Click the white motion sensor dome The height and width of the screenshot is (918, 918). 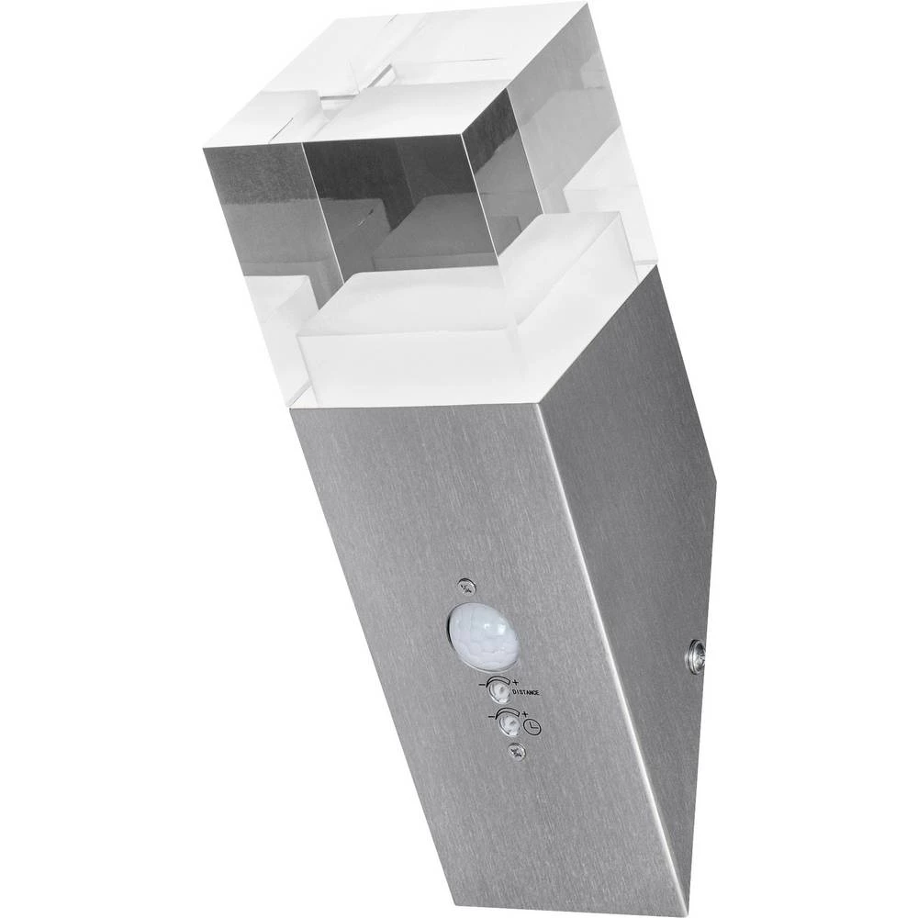pyautogui.click(x=483, y=634)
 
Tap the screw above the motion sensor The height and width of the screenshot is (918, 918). pyautogui.click(x=467, y=584)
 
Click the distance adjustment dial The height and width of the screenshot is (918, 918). pyautogui.click(x=499, y=690)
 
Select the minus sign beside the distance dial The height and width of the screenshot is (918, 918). pyautogui.click(x=483, y=685)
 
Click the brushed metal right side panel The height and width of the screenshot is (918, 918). pyautogui.click(x=633, y=514)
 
